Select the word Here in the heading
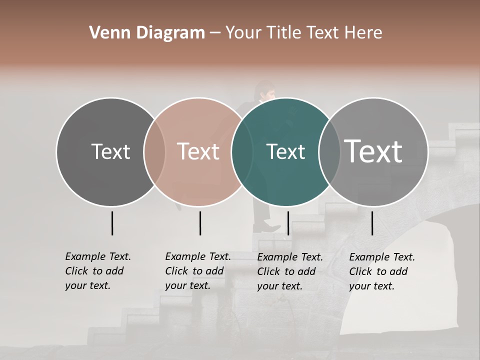[363, 33]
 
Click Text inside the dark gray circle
[110, 151]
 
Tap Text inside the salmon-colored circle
[198, 151]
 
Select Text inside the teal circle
[285, 151]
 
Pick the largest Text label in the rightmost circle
[373, 151]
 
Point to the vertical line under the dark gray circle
[112, 223]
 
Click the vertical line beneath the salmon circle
[200, 223]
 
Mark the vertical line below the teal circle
[288, 223]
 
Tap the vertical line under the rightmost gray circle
[372, 223]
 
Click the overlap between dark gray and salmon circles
[154, 151]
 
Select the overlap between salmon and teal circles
[242, 151]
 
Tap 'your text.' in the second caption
[187, 285]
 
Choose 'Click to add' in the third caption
[286, 271]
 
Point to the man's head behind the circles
[264, 91]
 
